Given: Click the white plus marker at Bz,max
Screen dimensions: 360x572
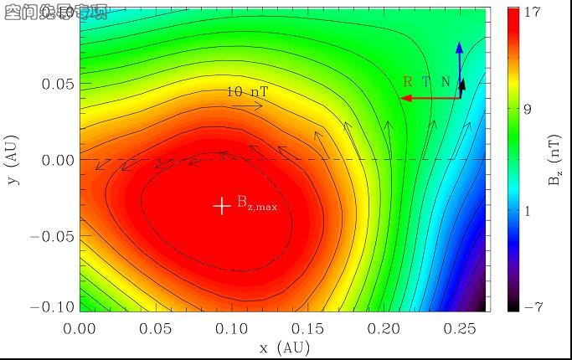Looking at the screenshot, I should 221,205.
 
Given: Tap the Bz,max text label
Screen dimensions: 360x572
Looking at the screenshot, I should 257,203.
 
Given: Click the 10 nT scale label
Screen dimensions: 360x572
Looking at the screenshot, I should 246,92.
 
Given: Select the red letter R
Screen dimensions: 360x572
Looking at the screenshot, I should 408,82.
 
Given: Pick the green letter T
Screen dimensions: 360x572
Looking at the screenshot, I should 425,82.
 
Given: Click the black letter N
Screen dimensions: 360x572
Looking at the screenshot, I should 446,82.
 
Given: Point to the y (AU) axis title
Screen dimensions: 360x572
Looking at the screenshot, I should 11,159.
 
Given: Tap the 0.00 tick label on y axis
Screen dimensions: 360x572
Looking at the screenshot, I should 58,160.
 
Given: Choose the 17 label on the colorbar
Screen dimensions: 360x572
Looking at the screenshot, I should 533,13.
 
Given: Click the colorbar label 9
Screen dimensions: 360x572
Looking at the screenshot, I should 528,110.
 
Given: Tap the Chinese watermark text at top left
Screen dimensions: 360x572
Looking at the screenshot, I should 55,12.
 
